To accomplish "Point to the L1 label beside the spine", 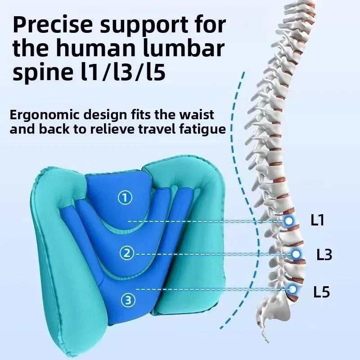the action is pyautogui.click(x=317, y=220).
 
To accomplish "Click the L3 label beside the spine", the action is pyautogui.click(x=324, y=254).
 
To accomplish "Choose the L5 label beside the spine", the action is pyautogui.click(x=321, y=292).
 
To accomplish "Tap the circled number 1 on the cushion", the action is pyautogui.click(x=125, y=198).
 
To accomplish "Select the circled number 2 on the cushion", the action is pyautogui.click(x=127, y=253).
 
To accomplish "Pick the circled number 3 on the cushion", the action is pyautogui.click(x=128, y=300).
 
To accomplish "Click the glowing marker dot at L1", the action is pyautogui.click(x=289, y=221).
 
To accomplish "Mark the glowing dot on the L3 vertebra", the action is pyautogui.click(x=296, y=254).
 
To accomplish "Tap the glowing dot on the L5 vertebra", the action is pyautogui.click(x=293, y=288).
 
